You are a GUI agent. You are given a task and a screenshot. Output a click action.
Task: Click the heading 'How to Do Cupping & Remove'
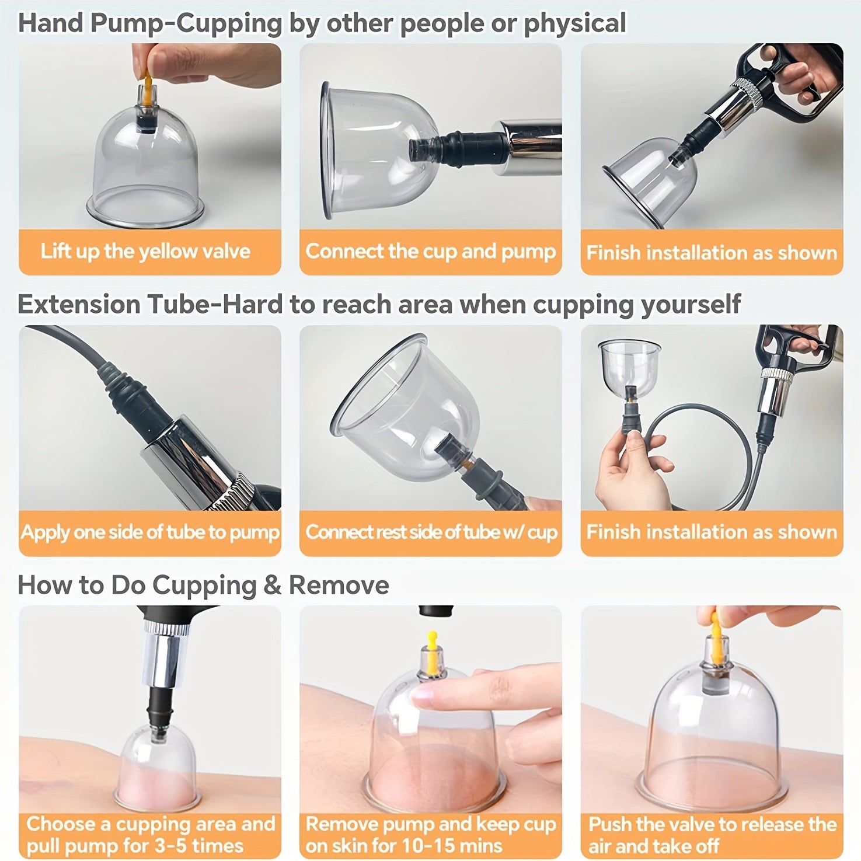click(203, 585)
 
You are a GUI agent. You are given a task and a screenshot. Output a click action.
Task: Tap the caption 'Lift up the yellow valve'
click(145, 252)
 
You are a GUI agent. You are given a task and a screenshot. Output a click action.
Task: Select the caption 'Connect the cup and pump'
click(431, 252)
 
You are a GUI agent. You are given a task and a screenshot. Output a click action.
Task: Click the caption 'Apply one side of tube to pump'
click(150, 532)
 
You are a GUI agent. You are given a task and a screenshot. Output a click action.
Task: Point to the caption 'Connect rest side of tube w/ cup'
click(431, 532)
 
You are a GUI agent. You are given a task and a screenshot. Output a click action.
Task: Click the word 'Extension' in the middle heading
click(78, 304)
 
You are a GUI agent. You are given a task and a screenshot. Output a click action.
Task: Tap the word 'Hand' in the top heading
click(49, 23)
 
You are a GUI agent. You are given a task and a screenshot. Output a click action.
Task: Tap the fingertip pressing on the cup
click(423, 693)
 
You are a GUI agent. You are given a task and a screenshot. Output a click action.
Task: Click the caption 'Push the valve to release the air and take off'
click(713, 835)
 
